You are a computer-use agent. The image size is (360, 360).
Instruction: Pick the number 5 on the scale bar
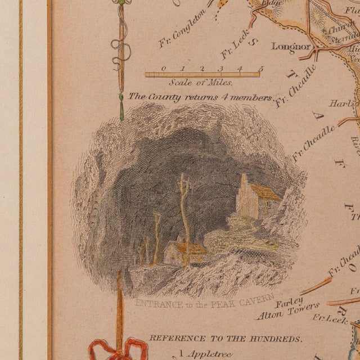260,69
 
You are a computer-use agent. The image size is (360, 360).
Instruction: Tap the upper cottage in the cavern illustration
256,197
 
